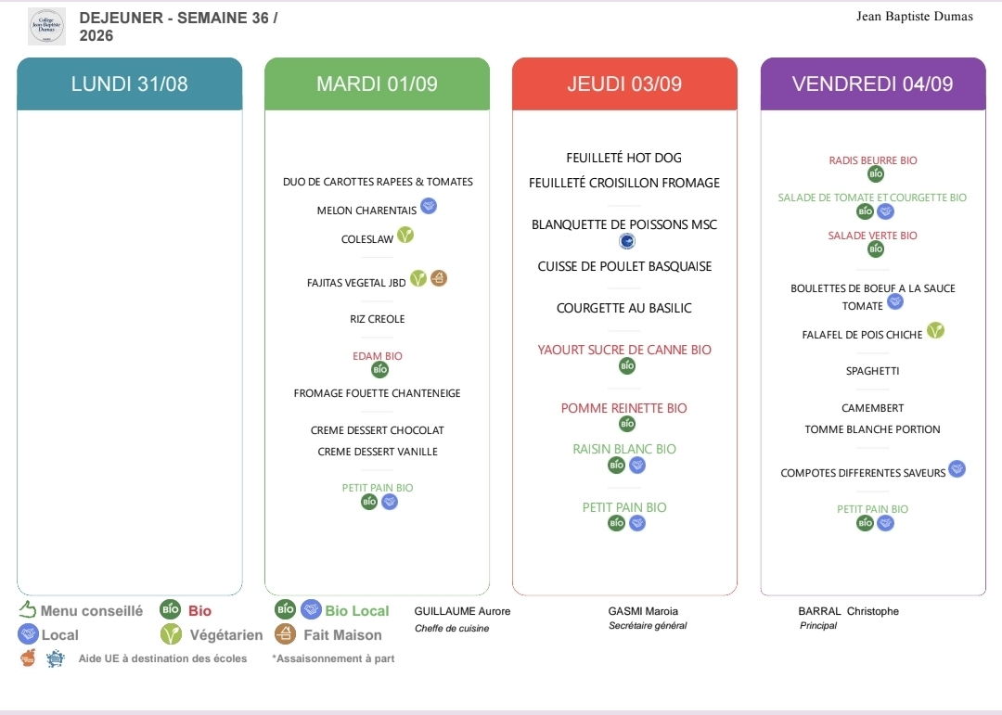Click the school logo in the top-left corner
tap(46, 26)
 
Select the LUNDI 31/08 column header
tap(130, 83)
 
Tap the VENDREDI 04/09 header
tap(873, 83)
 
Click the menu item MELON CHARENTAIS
tap(366, 211)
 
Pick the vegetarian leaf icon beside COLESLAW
tap(405, 236)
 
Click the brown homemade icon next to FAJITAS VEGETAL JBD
tap(438, 278)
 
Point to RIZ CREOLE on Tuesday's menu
tap(377, 319)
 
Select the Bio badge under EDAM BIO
tap(379, 369)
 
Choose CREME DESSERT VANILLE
tap(378, 451)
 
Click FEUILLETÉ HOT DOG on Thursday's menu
tap(624, 158)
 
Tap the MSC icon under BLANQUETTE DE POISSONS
tap(627, 241)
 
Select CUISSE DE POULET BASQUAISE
tap(624, 266)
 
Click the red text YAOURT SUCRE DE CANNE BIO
tap(624, 350)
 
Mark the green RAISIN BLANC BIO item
tap(624, 449)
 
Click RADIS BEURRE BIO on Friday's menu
tap(873, 160)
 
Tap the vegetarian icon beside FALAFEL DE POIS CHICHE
tap(935, 330)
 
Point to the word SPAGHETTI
tap(873, 371)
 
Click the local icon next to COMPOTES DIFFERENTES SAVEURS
tap(957, 469)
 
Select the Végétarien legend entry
tap(212, 634)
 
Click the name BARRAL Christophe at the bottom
tap(849, 611)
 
